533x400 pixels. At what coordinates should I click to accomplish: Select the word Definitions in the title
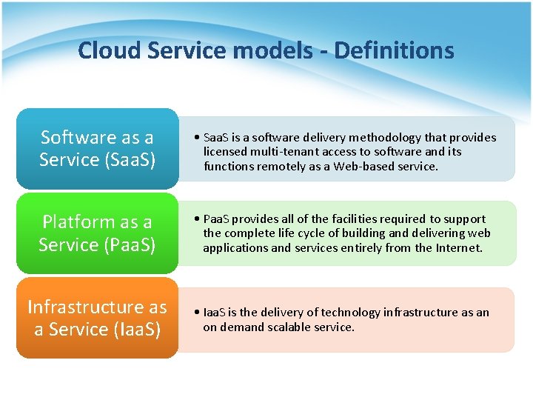(394, 50)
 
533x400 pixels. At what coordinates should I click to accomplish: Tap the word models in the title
(276, 50)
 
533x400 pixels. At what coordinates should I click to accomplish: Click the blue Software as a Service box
(97, 148)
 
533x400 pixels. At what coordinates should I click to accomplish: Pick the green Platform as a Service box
(97, 233)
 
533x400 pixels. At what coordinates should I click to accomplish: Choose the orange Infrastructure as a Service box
(97, 318)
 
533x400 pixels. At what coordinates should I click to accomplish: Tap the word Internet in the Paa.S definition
(456, 248)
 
